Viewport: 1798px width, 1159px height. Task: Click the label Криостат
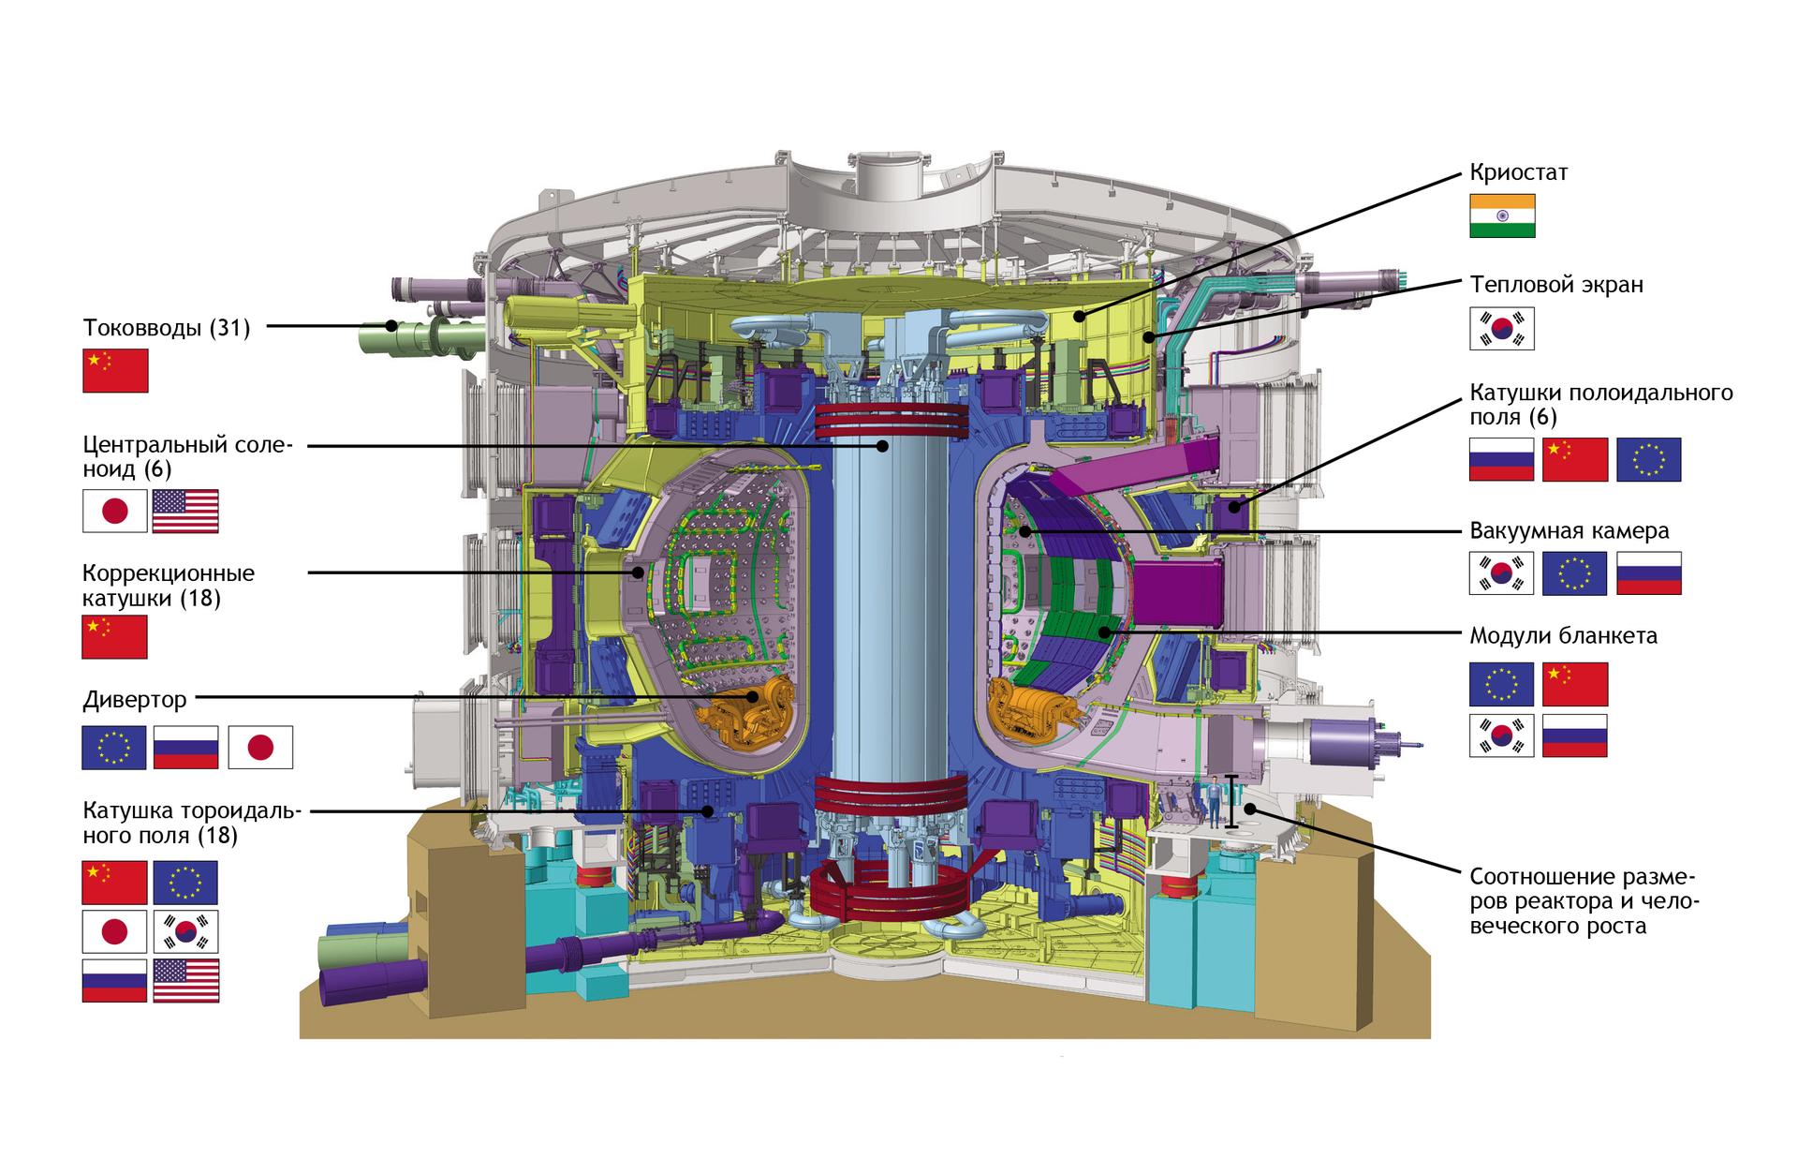click(x=1518, y=172)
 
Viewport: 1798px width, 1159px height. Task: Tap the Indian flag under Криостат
click(x=1502, y=215)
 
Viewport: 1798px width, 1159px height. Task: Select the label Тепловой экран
click(x=1555, y=284)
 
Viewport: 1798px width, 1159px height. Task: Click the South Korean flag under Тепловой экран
click(x=1502, y=329)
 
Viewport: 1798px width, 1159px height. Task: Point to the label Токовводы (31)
click(x=167, y=328)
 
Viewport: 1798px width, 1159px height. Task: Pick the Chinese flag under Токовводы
click(x=115, y=370)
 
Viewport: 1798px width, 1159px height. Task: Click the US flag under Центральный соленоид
click(x=185, y=511)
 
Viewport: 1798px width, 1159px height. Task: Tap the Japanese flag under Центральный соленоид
click(x=115, y=511)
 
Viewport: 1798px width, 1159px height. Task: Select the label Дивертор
click(x=135, y=700)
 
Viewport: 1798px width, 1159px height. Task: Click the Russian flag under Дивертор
click(x=185, y=748)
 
